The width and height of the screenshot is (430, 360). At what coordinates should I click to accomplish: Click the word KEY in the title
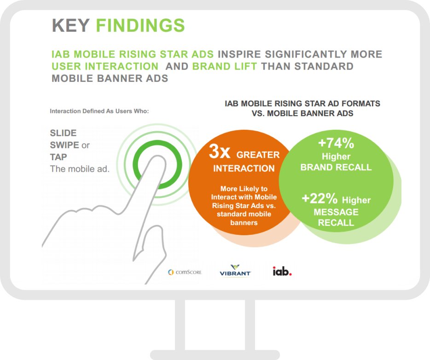(71, 25)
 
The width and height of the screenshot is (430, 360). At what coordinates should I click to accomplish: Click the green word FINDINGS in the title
(140, 25)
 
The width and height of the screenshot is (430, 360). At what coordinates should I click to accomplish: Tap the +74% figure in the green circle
(336, 143)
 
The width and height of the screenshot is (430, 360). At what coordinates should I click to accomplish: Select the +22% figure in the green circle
(320, 198)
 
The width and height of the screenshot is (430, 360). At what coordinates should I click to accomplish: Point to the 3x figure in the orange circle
(220, 151)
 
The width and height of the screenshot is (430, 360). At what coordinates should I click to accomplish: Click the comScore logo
(185, 272)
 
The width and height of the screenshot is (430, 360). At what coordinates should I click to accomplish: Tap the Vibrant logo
(235, 270)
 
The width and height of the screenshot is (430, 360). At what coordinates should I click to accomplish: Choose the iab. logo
(282, 271)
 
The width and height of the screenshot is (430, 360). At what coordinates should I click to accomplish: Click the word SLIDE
(63, 133)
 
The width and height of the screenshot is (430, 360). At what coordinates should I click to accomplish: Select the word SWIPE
(64, 145)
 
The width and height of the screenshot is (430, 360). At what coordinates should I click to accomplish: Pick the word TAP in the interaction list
(58, 157)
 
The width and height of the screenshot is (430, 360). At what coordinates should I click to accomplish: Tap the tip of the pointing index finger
(158, 157)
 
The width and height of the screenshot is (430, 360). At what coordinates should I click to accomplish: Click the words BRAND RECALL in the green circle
(336, 167)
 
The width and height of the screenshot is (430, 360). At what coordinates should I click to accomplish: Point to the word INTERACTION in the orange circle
(244, 168)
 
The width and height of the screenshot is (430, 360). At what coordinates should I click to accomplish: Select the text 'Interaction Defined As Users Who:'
(99, 111)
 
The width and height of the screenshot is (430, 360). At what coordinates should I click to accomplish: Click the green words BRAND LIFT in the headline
(224, 66)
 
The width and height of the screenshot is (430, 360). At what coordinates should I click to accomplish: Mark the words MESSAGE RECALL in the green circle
(336, 217)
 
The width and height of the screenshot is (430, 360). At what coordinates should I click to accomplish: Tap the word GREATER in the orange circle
(258, 155)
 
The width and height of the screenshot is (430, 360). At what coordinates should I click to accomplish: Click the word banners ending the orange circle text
(244, 223)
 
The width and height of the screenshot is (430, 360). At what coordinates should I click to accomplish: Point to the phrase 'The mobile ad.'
(80, 169)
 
